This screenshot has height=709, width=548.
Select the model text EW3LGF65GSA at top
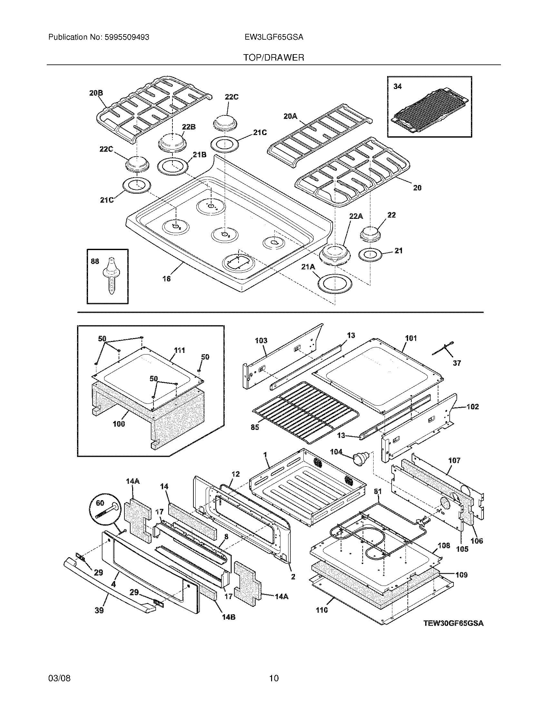(x=274, y=37)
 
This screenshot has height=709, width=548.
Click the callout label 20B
(x=96, y=93)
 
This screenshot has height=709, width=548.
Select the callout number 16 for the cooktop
(x=166, y=278)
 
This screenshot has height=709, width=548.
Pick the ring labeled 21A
(x=335, y=284)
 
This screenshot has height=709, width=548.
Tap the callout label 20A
(x=290, y=116)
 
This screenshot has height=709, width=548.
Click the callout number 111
(x=179, y=350)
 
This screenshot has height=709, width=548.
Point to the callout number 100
(x=119, y=424)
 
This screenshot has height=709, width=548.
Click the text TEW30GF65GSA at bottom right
(x=454, y=623)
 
